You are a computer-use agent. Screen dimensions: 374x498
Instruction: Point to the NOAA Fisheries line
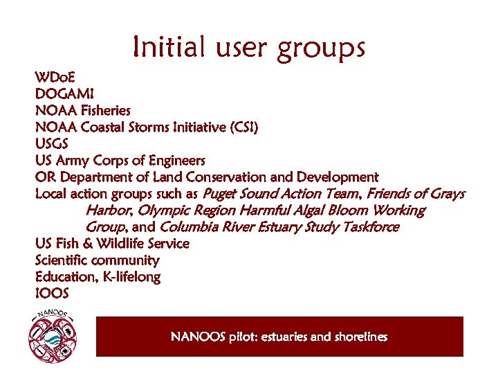[82, 110]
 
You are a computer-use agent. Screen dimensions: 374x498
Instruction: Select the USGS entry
[52, 143]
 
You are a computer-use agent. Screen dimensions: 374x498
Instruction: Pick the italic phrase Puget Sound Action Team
[282, 193]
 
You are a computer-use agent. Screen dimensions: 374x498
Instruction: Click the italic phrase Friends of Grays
[416, 193]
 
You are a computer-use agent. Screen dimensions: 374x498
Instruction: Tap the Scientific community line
[97, 260]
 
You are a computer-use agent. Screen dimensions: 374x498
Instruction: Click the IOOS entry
[52, 294]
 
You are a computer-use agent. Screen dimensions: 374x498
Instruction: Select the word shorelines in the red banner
[361, 337]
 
